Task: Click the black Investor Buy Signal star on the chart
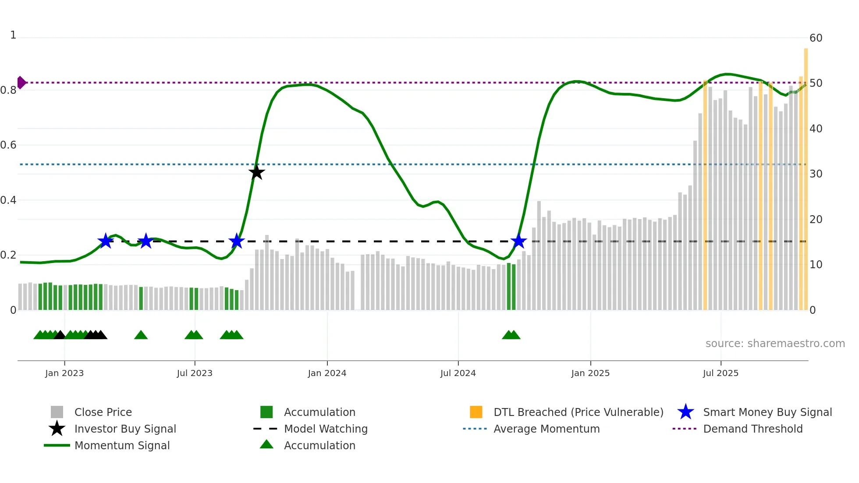click(257, 173)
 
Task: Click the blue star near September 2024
click(518, 241)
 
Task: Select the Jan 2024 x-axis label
click(327, 373)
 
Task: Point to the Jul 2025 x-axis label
click(721, 373)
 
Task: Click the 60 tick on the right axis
click(816, 38)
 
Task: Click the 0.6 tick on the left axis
click(9, 145)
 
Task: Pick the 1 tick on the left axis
click(13, 35)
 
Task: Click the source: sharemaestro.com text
click(775, 344)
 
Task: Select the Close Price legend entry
click(103, 412)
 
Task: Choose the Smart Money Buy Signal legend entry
click(767, 412)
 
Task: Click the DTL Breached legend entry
click(578, 412)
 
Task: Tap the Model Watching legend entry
click(326, 429)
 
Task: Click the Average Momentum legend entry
click(546, 429)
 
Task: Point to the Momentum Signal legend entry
click(122, 445)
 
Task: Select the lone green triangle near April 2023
click(141, 335)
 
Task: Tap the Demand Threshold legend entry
click(753, 429)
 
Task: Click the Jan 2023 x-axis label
click(64, 373)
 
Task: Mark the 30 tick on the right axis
click(816, 174)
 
